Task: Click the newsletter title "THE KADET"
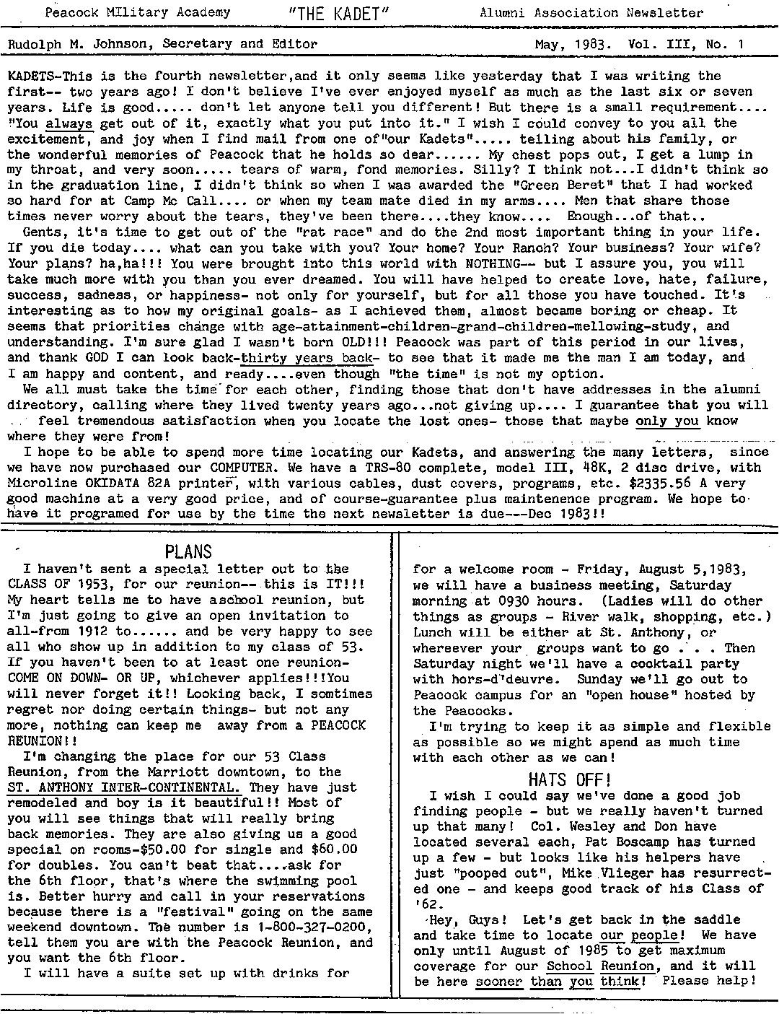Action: [338, 13]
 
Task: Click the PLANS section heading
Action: [188, 552]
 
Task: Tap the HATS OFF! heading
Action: [570, 779]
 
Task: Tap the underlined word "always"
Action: [69, 123]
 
